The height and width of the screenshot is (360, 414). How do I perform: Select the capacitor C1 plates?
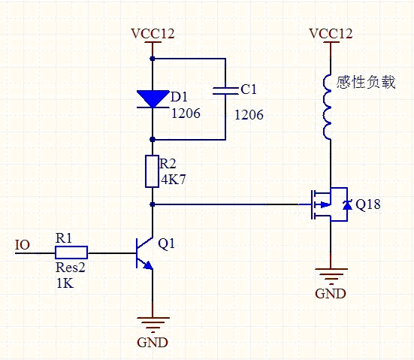point(225,91)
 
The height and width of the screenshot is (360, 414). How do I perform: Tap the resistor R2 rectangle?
point(152,171)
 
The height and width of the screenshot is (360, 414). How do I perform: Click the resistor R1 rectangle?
point(71,253)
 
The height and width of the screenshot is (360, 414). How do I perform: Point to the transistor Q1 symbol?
point(144,253)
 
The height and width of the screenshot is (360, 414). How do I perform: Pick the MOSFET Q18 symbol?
point(330,204)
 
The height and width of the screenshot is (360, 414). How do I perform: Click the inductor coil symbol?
point(327,107)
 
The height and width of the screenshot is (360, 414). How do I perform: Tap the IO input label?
point(23,245)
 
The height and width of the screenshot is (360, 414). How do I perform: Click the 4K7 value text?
point(174,180)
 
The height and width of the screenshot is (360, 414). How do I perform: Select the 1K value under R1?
point(65,283)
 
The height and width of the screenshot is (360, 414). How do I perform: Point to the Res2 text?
point(71,268)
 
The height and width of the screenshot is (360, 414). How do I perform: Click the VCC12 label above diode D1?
point(153,34)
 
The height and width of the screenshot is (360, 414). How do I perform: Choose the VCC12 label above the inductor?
point(331,34)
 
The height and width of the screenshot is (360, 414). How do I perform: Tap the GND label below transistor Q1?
point(153,343)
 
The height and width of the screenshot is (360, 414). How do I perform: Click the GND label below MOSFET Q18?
point(331,293)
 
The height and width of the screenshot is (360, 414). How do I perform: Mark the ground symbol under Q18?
point(331,277)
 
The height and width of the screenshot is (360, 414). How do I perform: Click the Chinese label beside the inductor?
point(366,82)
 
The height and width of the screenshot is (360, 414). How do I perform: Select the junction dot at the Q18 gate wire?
point(153,204)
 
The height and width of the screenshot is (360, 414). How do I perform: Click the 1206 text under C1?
point(249,115)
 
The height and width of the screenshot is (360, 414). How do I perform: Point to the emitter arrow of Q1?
point(148,265)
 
